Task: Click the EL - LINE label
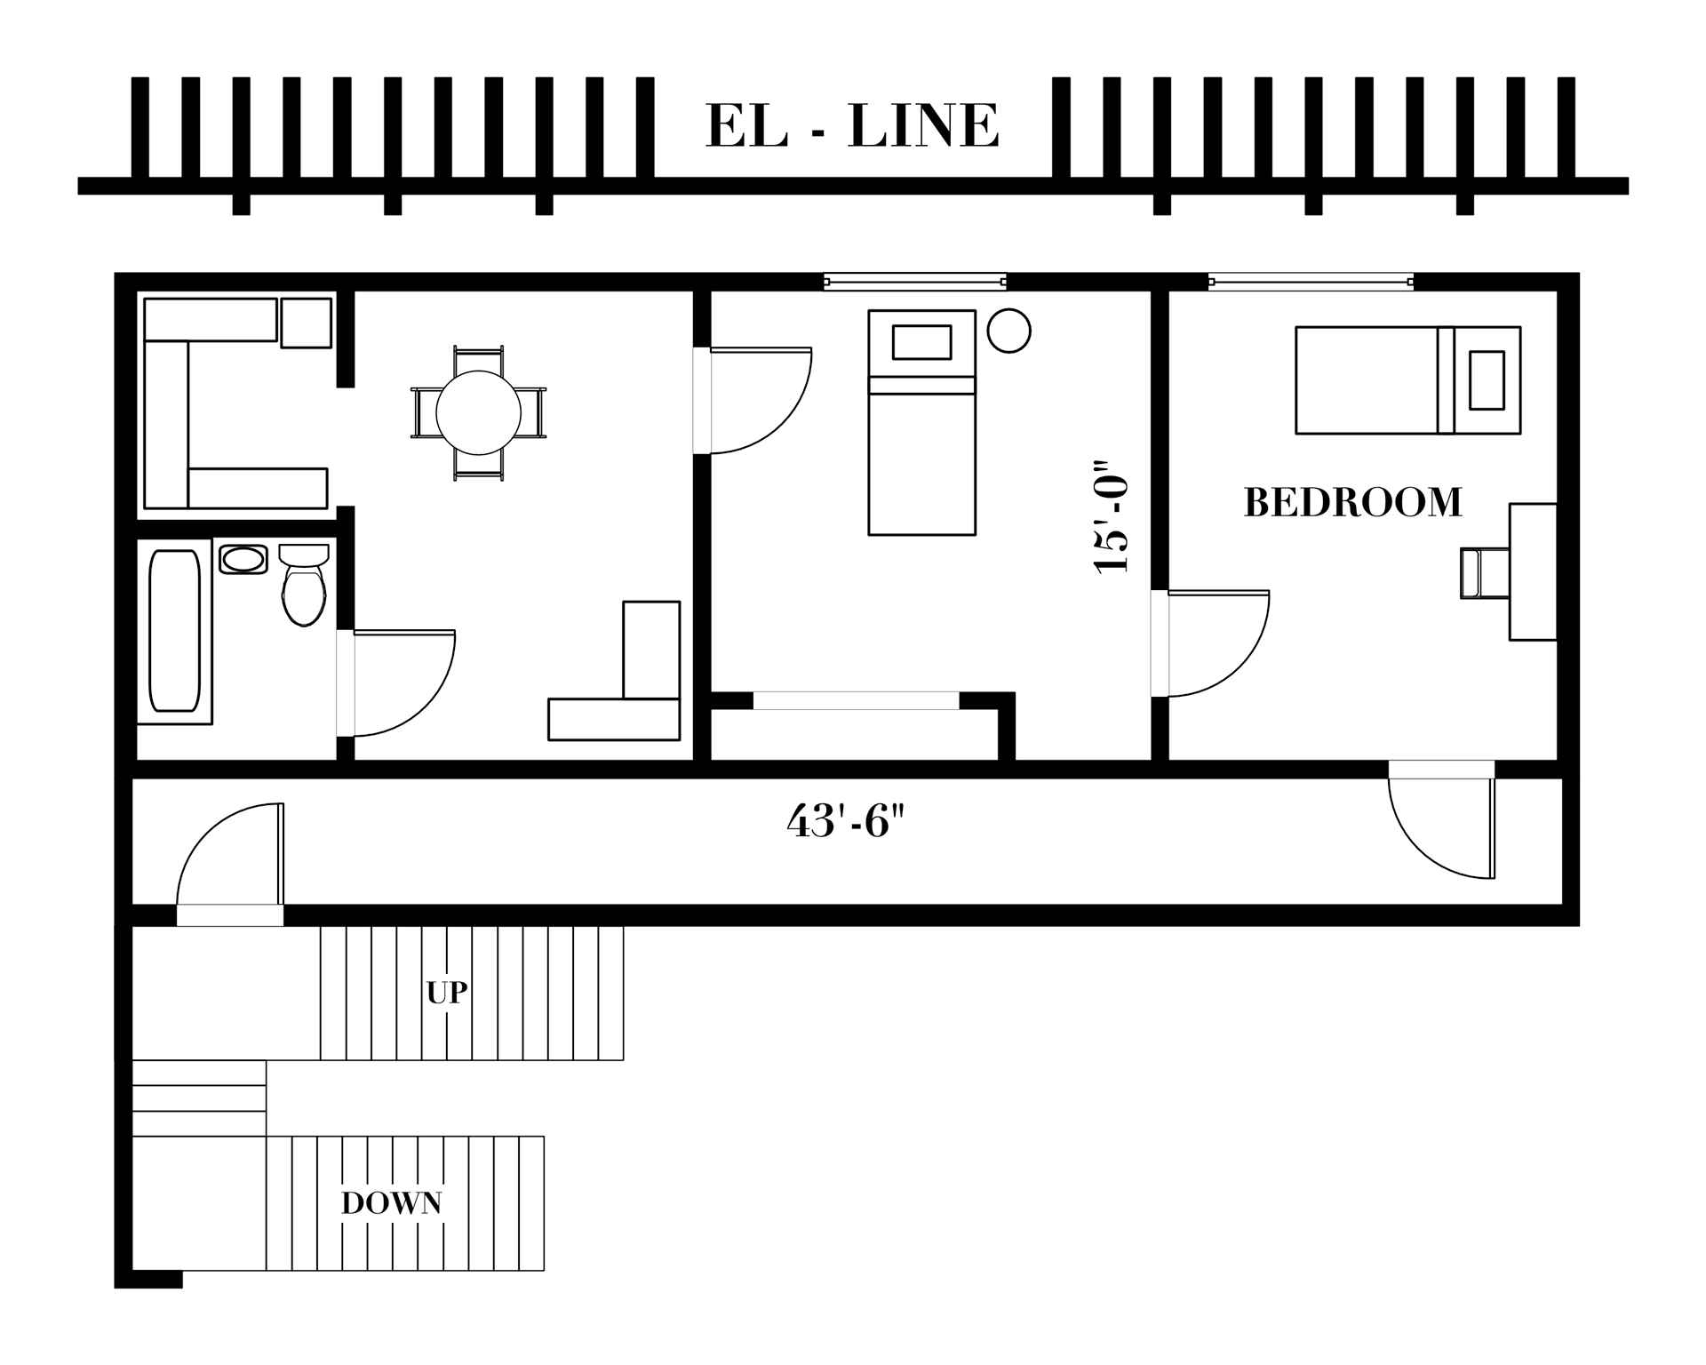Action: (x=852, y=126)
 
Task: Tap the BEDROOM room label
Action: (x=1352, y=503)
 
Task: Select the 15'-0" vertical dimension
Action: (x=1112, y=517)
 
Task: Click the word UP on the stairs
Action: (x=447, y=993)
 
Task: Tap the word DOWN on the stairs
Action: (x=392, y=1203)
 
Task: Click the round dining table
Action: (x=478, y=412)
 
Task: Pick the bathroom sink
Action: (x=243, y=560)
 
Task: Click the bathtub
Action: (x=174, y=630)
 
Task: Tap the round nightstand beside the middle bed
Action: (x=1008, y=331)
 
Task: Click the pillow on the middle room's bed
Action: (x=921, y=342)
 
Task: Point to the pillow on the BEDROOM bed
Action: (x=1487, y=380)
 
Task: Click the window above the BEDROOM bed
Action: (x=1311, y=283)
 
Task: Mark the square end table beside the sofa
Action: (x=306, y=323)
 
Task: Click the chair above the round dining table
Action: (x=478, y=360)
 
